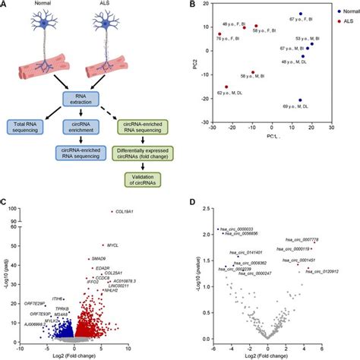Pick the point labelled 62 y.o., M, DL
[226, 87]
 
